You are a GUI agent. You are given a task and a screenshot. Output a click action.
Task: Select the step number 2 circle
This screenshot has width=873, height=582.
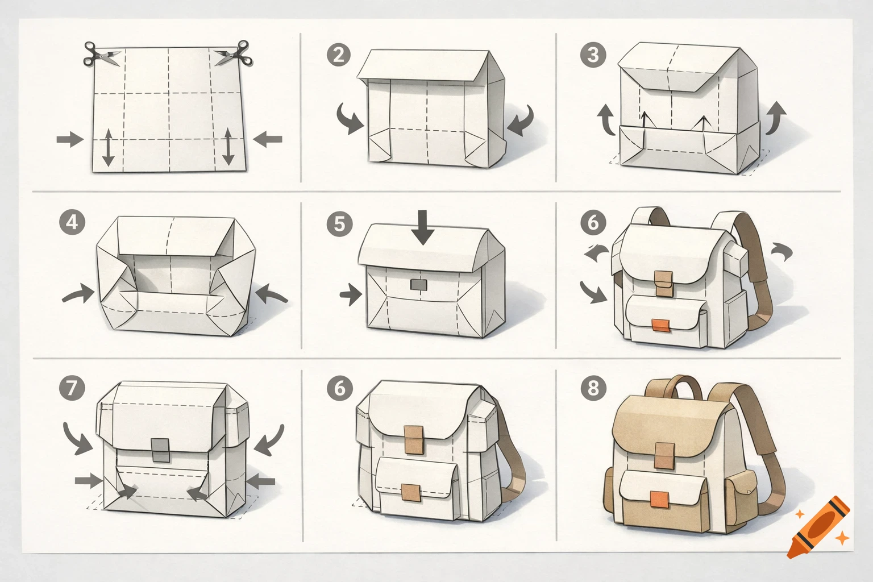tap(339, 55)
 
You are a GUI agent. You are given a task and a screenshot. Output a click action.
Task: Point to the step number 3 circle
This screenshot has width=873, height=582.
tap(593, 55)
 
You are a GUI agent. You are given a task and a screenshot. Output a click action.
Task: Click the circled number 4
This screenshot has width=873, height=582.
tap(72, 222)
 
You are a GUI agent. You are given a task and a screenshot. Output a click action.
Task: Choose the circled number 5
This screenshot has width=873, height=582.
tap(339, 223)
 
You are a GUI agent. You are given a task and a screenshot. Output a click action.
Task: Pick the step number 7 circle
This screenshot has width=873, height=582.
tap(72, 388)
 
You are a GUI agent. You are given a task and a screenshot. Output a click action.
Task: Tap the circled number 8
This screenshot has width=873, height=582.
tap(593, 388)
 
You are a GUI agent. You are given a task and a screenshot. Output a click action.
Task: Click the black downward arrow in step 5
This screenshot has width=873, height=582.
tap(423, 227)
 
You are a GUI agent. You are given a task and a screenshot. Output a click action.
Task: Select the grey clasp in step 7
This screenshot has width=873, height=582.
tap(161, 450)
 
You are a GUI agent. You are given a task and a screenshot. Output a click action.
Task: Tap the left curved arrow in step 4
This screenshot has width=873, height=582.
tap(78, 295)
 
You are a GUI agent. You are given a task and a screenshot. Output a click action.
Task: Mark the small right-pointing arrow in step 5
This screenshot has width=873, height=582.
tap(350, 294)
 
